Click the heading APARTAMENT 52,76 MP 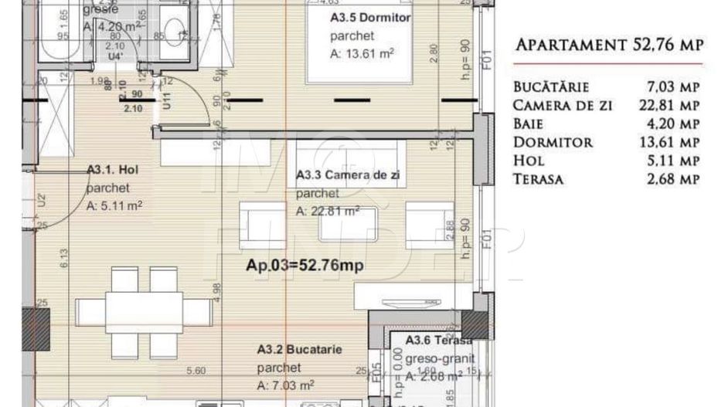pos(609,45)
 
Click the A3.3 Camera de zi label pos(348,176)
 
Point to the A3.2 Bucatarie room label pos(299,350)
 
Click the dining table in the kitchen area pos(144,312)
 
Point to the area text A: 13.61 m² pos(362,53)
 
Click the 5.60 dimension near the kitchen pos(196,371)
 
